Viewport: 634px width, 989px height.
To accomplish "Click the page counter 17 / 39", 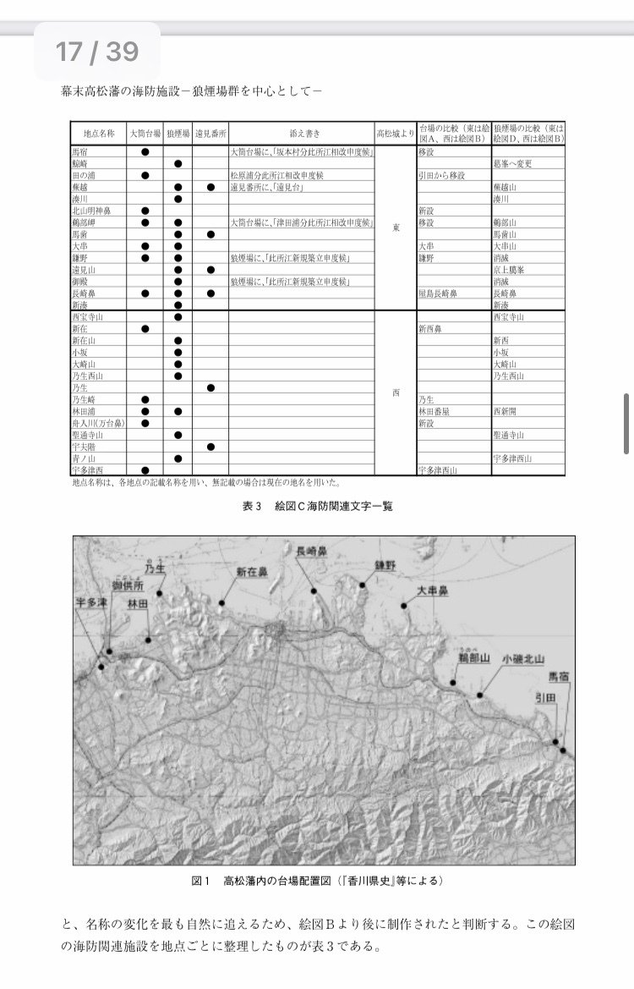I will (96, 52).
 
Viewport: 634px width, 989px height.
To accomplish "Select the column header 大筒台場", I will (145, 134).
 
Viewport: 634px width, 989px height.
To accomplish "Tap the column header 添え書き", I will (302, 134).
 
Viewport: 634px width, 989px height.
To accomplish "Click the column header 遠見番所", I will (210, 134).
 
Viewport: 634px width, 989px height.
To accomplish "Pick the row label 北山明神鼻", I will (91, 211).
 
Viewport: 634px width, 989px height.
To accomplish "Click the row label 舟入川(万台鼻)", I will (98, 422).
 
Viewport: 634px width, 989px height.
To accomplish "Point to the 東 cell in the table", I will (396, 228).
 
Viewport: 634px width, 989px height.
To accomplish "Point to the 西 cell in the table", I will (396, 393).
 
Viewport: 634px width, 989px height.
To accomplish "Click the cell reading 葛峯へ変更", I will (513, 163).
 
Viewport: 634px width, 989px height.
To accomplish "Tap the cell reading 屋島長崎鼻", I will (437, 293).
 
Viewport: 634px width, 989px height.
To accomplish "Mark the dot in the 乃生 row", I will (210, 387).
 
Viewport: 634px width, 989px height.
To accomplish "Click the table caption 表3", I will (252, 507).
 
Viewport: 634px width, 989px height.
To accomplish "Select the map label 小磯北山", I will (522, 658).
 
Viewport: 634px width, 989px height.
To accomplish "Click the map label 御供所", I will (128, 585).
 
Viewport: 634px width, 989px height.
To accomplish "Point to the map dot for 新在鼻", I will (222, 603).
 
